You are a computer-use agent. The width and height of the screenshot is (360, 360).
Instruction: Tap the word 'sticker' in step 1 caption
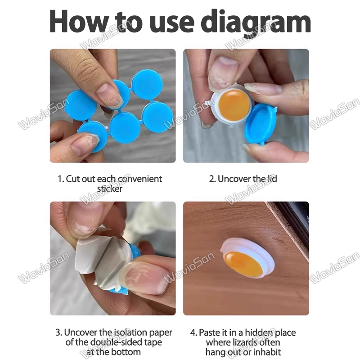[110, 189]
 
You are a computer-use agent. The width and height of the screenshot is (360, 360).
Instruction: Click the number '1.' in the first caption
[61, 179]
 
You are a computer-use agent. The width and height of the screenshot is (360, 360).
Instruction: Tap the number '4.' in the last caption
[194, 333]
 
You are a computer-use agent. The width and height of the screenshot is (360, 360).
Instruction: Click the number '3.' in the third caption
[59, 333]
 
